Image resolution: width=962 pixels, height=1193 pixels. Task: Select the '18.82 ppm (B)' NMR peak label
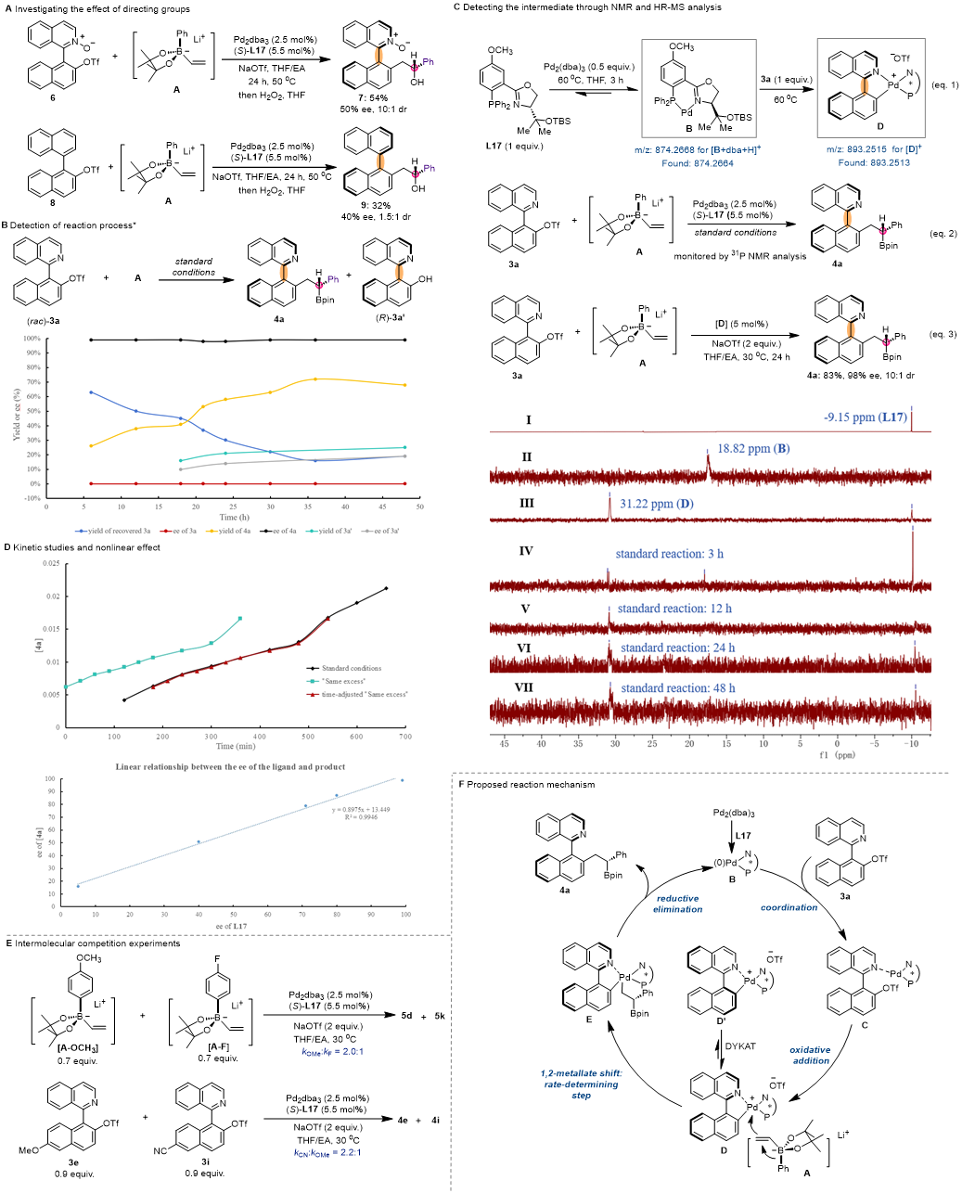point(753,449)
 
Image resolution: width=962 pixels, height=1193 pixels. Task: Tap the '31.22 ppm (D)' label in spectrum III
point(656,504)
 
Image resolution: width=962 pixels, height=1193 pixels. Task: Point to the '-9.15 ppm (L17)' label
point(865,417)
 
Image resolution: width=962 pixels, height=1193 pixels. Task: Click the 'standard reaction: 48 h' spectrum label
point(677,688)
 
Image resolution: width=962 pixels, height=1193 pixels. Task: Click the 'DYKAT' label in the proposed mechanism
point(739,1045)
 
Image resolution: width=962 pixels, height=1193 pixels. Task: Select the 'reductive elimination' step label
point(677,904)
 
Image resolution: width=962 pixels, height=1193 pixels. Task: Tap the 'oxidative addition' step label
point(810,1055)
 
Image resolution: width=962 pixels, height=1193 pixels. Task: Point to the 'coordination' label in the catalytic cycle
point(789,907)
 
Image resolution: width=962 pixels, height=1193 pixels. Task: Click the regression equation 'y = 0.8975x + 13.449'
point(361,810)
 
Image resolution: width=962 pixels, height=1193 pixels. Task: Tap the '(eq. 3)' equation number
point(943,334)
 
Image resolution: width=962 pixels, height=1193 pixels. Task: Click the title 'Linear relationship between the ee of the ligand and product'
point(230,767)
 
